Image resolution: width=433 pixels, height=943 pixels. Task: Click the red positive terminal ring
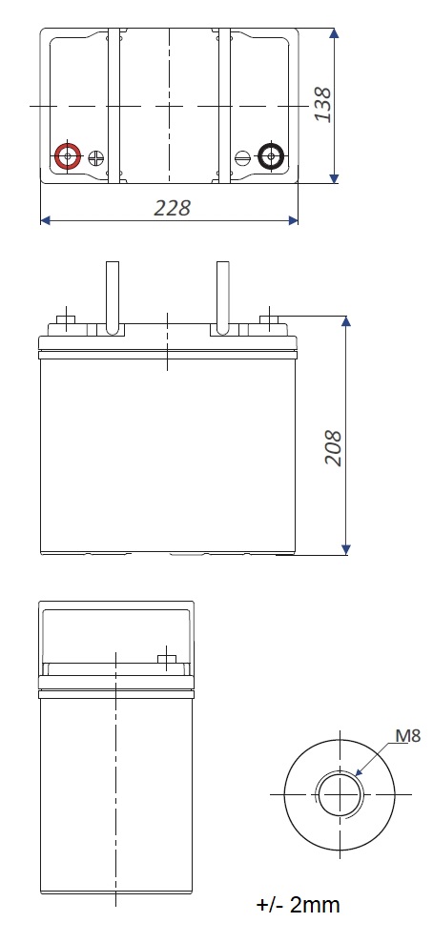59,156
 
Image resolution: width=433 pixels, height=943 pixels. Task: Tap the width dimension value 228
172,208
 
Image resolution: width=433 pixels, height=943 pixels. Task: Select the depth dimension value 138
322,105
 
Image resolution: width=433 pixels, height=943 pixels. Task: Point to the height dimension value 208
333,447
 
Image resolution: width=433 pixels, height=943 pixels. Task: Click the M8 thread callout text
408,735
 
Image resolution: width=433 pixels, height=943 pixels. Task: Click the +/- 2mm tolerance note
299,905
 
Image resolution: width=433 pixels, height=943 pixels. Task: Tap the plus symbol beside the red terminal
95,157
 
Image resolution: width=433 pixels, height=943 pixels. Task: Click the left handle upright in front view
113,297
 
